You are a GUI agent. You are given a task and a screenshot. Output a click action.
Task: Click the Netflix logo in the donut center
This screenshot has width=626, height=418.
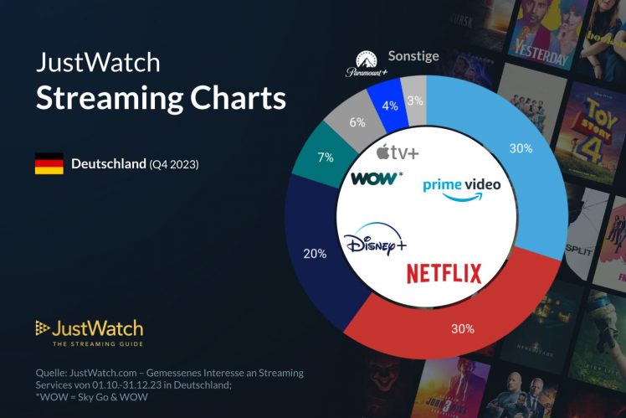pyautogui.click(x=444, y=273)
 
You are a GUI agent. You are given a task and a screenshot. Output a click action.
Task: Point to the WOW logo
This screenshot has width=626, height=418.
pyautogui.click(x=377, y=178)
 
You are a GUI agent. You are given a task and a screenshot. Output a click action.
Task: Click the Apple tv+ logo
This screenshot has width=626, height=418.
pyautogui.click(x=397, y=152)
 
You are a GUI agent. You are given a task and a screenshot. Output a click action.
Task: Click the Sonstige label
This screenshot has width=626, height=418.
pyautogui.click(x=413, y=57)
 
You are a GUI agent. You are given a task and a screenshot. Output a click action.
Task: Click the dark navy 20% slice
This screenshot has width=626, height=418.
pyautogui.click(x=316, y=251)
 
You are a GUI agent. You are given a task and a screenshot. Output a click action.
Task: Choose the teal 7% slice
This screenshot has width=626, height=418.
pyautogui.click(x=326, y=157)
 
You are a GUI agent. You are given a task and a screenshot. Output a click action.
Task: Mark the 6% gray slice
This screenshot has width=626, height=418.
pyautogui.click(x=357, y=123)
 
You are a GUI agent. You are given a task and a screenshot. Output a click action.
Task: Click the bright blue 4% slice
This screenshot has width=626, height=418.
pyautogui.click(x=390, y=106)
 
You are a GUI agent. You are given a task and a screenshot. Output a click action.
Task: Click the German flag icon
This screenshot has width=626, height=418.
pyautogui.click(x=49, y=164)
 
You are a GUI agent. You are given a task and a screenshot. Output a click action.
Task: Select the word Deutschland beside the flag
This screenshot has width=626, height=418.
pyautogui.click(x=109, y=164)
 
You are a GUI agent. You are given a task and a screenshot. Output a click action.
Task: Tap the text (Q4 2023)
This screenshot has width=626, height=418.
pyautogui.click(x=174, y=164)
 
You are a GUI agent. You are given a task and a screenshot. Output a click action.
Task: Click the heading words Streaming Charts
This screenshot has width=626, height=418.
pyautogui.click(x=161, y=98)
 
